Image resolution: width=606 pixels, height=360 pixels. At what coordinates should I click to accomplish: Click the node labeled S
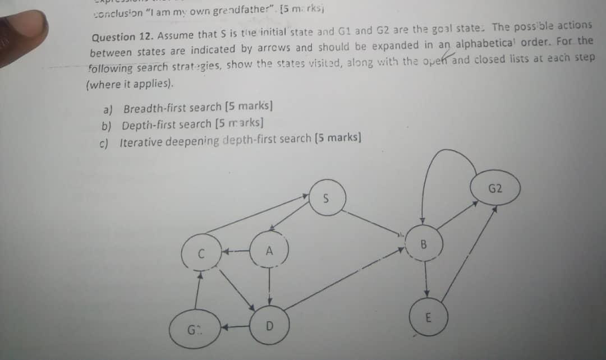tap(327, 199)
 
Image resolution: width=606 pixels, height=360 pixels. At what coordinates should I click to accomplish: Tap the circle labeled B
tap(424, 245)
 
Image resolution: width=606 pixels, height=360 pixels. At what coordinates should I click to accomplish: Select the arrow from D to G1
tap(236, 326)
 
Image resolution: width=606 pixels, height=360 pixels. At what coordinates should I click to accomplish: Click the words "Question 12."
tap(122, 37)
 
